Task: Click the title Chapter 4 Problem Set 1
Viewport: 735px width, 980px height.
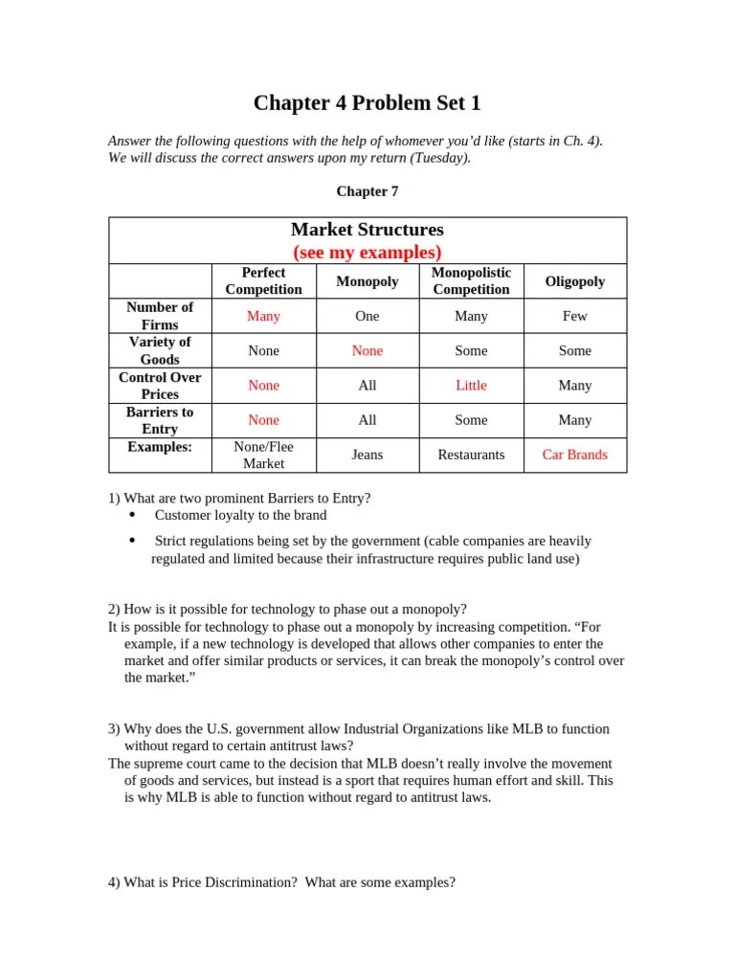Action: point(367,103)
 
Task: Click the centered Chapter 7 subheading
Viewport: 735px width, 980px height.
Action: point(367,191)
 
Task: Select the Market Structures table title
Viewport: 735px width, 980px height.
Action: point(367,230)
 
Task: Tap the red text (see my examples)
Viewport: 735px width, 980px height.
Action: point(367,253)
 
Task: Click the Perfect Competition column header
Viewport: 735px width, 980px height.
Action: point(263,281)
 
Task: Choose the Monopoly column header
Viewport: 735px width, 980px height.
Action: point(367,281)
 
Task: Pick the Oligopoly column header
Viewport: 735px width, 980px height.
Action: point(574,281)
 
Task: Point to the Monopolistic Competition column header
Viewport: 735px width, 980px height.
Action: point(471,281)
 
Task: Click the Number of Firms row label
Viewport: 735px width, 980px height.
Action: point(160,316)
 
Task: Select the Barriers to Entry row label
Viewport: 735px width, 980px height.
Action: point(160,420)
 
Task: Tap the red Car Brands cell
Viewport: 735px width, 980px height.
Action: point(574,455)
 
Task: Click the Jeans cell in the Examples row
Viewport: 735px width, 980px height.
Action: point(367,455)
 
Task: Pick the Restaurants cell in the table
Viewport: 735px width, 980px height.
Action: point(471,455)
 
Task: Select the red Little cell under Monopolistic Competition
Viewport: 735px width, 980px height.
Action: point(471,386)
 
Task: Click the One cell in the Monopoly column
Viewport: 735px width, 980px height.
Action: point(367,316)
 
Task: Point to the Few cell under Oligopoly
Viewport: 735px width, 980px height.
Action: point(574,316)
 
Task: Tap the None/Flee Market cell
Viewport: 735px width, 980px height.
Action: point(263,455)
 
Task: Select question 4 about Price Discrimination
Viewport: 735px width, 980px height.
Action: point(281,883)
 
